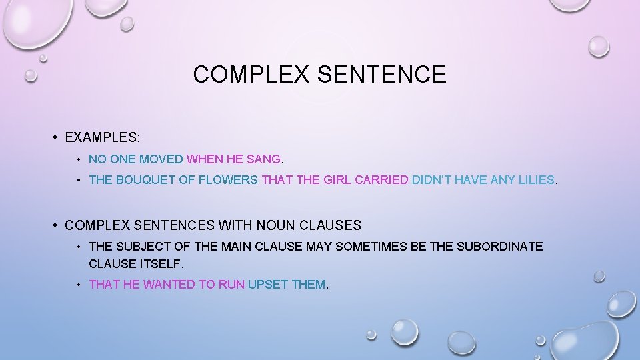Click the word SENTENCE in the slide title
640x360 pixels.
[381, 74]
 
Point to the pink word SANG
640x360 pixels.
[265, 160]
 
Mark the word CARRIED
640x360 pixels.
[381, 180]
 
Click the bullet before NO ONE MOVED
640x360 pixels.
[79, 160]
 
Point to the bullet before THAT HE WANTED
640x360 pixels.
[79, 285]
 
